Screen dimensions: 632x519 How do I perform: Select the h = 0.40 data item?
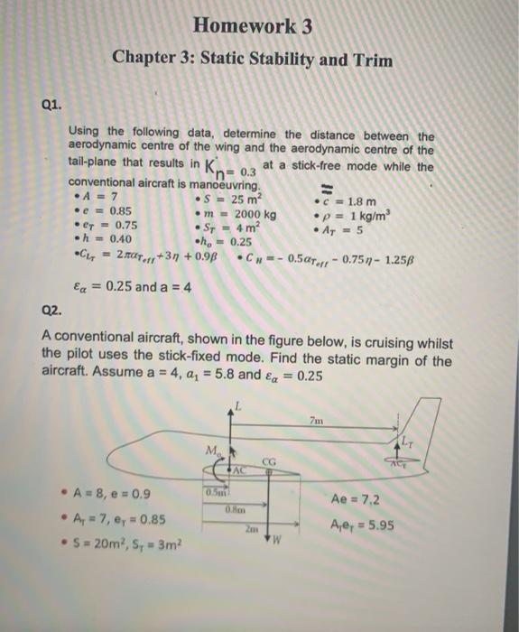tap(104, 241)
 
